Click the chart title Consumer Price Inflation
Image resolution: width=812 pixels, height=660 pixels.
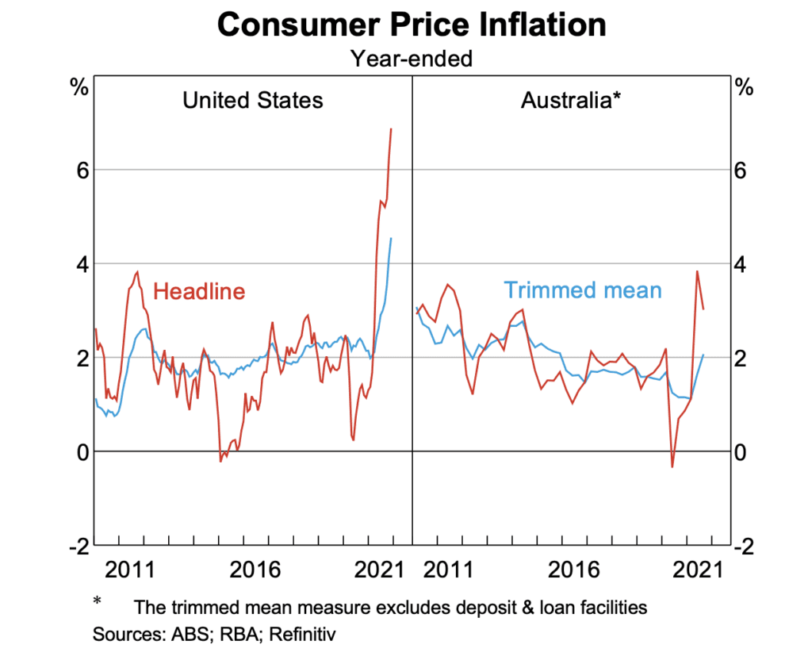pyautogui.click(x=412, y=25)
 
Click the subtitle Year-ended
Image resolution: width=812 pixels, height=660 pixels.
pyautogui.click(x=412, y=58)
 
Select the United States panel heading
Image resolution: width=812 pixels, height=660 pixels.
pyautogui.click(x=253, y=101)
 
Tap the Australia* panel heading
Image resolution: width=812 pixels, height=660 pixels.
pyautogui.click(x=569, y=101)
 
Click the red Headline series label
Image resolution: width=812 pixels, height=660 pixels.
pyautogui.click(x=199, y=291)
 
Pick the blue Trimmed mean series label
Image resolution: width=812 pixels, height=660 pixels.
pyautogui.click(x=583, y=290)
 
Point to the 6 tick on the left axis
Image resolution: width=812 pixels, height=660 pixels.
pyautogui.click(x=80, y=170)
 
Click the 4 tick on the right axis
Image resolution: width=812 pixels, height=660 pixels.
pyautogui.click(x=743, y=263)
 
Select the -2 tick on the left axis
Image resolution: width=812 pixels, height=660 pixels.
pyautogui.click(x=76, y=546)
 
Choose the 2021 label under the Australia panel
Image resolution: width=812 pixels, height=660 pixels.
pyautogui.click(x=694, y=570)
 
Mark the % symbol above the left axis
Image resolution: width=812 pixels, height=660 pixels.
pyautogui.click(x=79, y=88)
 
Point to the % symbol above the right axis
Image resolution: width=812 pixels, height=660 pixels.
pyautogui.click(x=745, y=88)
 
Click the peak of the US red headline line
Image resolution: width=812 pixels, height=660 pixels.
pyautogui.click(x=391, y=129)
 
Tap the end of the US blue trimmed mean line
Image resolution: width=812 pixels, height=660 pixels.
pyautogui.click(x=391, y=238)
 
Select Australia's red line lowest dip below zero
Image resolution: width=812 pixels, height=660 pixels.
pyautogui.click(x=672, y=467)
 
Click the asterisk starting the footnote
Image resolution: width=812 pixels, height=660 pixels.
pyautogui.click(x=98, y=602)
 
